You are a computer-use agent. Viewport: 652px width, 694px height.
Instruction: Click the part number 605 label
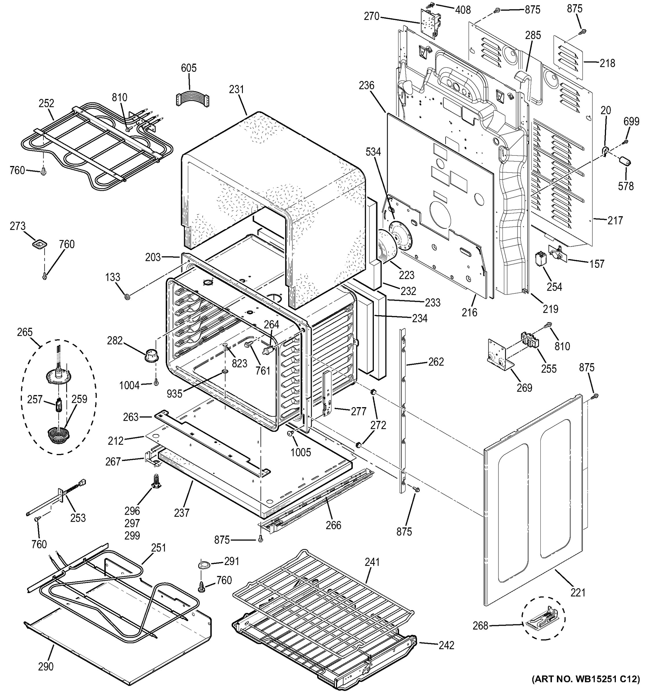(189, 68)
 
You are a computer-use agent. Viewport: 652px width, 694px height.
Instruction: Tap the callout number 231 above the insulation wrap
(236, 89)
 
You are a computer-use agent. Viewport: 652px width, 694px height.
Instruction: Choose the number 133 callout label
(112, 277)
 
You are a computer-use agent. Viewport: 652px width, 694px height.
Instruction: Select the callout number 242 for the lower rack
(446, 645)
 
